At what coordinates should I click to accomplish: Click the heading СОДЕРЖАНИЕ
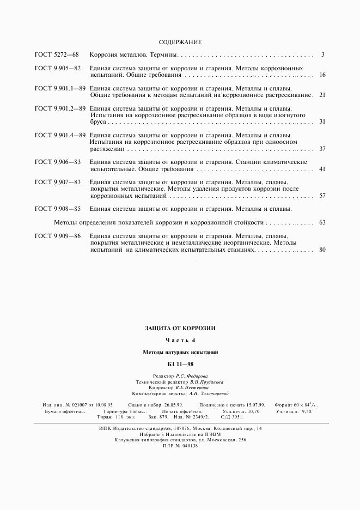coord(180,42)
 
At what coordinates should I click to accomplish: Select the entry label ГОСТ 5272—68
coord(57,55)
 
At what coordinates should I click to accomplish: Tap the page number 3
coord(323,55)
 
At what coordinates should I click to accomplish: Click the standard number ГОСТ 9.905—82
coord(58,69)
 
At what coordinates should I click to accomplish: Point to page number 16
coord(322,75)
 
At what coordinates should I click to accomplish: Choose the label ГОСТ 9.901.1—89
coord(60,88)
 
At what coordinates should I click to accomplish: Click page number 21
coord(322,95)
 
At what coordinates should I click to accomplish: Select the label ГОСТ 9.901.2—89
coord(60,108)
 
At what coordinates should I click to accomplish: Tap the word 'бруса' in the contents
coord(98,122)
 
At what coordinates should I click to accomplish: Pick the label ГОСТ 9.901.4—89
coord(60,135)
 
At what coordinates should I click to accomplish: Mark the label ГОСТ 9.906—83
coord(58,162)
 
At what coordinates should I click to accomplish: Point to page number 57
coord(322,196)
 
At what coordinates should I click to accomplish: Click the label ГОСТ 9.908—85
coord(58,209)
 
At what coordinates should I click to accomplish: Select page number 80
coord(322,249)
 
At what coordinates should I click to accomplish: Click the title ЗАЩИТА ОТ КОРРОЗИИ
coord(180,329)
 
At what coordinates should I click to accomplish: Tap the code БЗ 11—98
coord(180,363)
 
